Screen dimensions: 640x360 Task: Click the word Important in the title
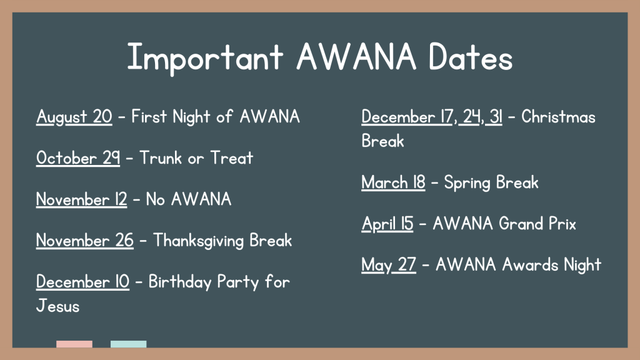click(x=205, y=58)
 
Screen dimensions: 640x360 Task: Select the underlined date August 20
click(x=74, y=117)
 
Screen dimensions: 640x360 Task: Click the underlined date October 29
click(x=78, y=158)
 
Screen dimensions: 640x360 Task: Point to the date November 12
click(x=82, y=199)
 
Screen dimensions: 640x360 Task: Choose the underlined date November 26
click(x=84, y=241)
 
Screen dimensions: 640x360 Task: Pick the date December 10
click(x=82, y=282)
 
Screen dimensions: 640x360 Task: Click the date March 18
click(x=393, y=182)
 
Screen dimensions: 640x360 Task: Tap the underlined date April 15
click(x=387, y=224)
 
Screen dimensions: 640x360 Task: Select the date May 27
click(x=389, y=265)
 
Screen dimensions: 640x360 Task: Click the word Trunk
click(x=161, y=158)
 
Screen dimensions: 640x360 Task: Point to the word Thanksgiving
click(x=198, y=241)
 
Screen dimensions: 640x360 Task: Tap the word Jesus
click(x=57, y=306)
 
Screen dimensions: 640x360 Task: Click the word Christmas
click(x=558, y=117)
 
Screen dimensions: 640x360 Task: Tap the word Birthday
click(x=179, y=282)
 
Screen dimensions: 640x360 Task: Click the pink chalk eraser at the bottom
click(x=74, y=344)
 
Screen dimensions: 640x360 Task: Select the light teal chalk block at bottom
click(x=129, y=344)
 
